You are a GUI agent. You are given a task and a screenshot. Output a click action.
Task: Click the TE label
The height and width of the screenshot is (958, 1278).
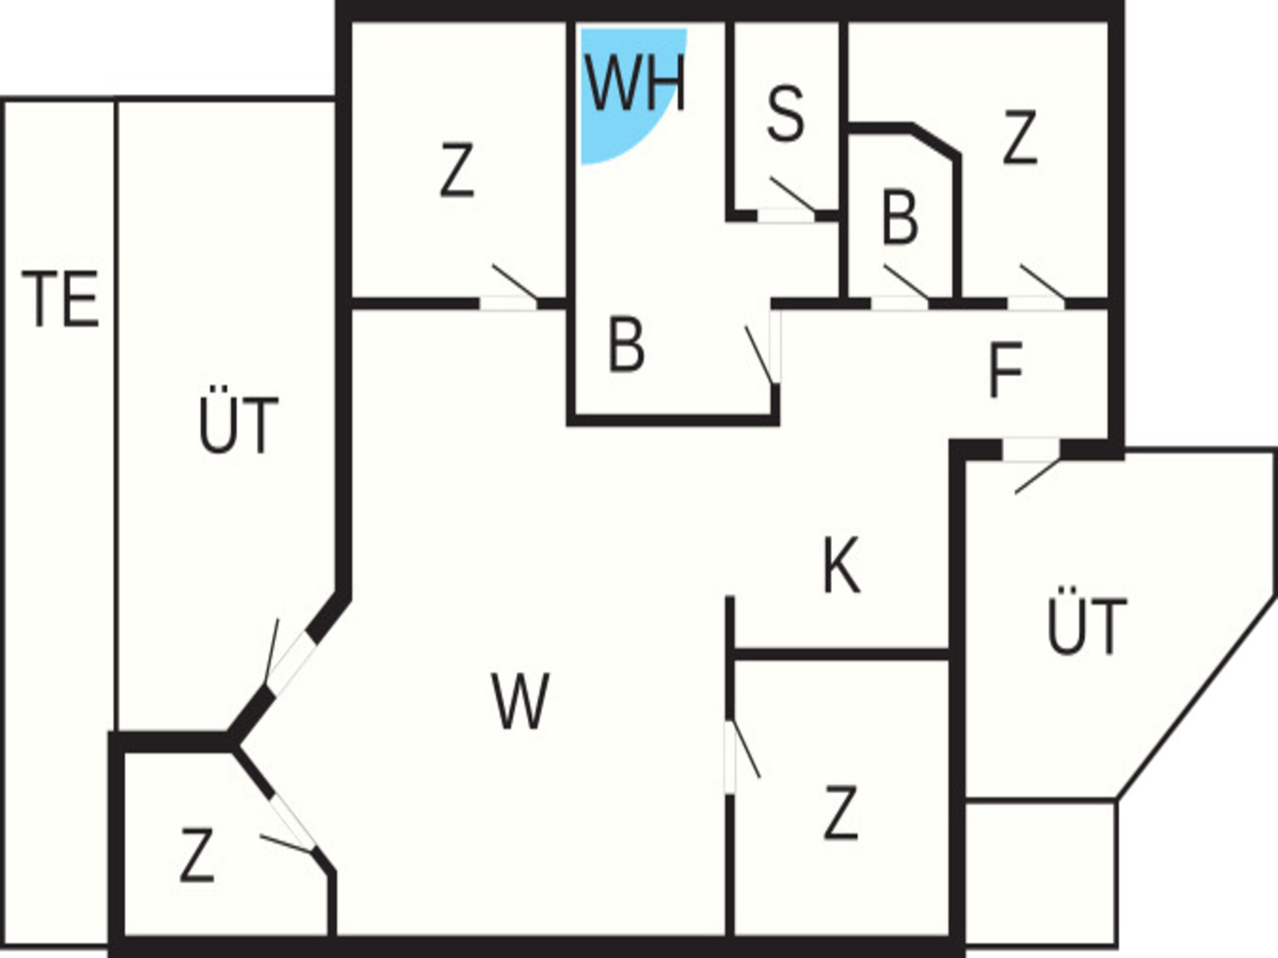[x=61, y=299]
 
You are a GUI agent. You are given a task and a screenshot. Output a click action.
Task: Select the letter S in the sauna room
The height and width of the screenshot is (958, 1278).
[x=785, y=114]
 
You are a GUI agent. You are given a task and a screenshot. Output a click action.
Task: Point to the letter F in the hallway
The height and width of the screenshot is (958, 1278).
[x=1005, y=370]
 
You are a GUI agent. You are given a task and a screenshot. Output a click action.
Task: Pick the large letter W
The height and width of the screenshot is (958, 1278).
[x=520, y=701]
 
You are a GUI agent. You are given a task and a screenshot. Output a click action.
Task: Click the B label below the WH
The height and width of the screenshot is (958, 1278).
[x=626, y=345]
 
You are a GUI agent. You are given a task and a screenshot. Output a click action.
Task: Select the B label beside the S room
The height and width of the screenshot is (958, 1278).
[x=900, y=218]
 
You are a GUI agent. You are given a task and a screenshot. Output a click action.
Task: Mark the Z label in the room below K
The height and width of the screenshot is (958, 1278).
[x=840, y=813]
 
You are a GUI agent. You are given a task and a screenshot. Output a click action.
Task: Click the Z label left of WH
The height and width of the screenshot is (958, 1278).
[x=457, y=170]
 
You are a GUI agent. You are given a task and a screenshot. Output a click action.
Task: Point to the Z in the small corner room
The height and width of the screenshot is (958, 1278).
[x=197, y=855]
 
